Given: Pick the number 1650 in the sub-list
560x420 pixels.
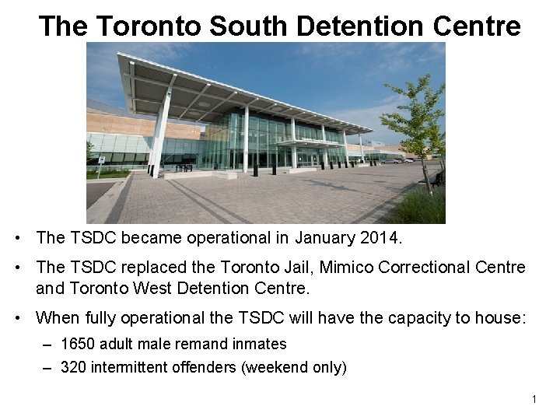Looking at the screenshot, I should [x=77, y=344].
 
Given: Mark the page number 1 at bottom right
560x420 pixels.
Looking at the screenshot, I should [x=534, y=399].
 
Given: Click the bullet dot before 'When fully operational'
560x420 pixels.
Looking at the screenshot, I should [x=26, y=317].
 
